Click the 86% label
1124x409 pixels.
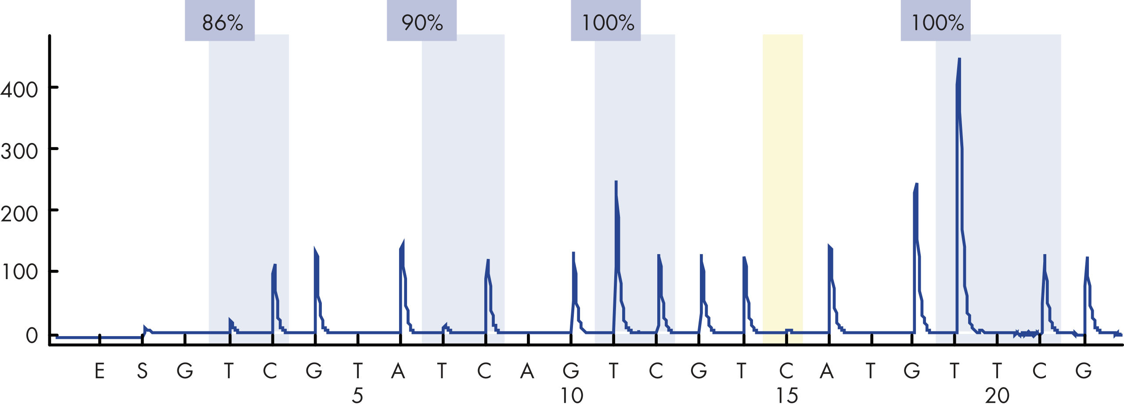point(222,23)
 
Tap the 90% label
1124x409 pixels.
point(422,23)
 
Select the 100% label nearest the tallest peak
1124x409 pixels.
point(937,23)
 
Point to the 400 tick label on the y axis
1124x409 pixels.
point(19,90)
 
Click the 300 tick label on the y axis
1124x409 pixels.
point(19,151)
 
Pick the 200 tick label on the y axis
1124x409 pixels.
point(19,214)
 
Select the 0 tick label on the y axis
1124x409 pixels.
point(32,336)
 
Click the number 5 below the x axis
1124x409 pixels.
point(357,396)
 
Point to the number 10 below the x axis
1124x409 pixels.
point(572,396)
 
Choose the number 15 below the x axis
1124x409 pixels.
point(787,396)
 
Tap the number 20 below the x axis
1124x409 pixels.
point(997,396)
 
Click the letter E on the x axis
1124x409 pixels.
point(100,371)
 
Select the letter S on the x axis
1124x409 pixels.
point(142,371)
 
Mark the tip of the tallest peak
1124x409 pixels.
point(959,59)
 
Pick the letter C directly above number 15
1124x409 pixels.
point(786,371)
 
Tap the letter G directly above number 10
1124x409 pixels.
point(571,371)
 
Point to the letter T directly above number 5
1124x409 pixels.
point(358,371)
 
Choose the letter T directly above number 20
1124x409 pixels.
point(997,371)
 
